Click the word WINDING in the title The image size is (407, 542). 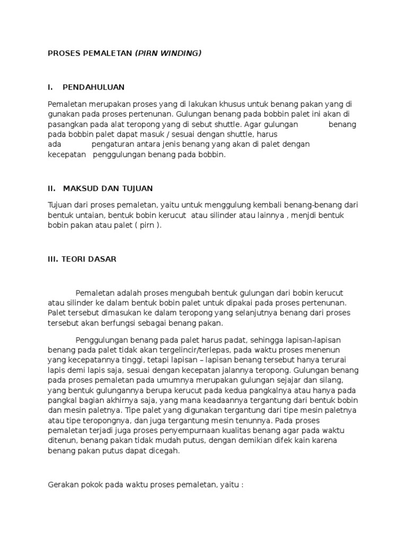(x=182, y=53)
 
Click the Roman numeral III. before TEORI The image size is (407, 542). (x=54, y=259)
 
